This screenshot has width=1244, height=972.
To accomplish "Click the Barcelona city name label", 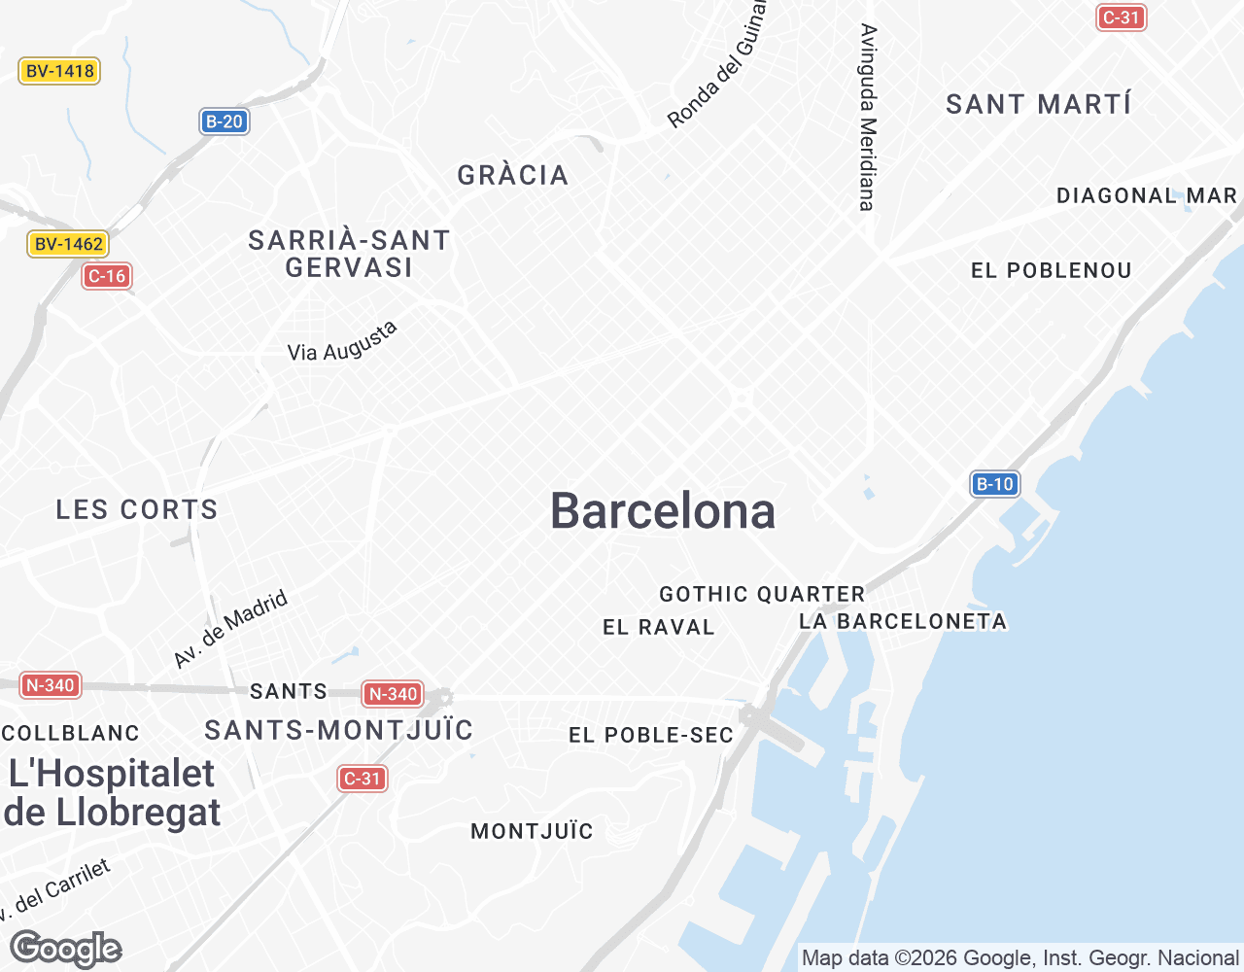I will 663,511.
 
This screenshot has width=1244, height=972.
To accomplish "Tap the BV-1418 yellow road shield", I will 59,71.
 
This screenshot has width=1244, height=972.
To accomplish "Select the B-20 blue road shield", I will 225,121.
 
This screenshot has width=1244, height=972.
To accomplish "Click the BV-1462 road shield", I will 68,244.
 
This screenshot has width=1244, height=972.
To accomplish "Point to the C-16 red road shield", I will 107,276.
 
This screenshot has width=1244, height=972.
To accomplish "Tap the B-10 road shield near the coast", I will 994,484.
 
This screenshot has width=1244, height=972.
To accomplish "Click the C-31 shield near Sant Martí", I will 1122,17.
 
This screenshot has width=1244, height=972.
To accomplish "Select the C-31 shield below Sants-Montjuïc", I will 363,779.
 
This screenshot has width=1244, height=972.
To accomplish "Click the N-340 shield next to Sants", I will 393,694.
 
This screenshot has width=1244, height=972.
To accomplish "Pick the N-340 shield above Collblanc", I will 50,685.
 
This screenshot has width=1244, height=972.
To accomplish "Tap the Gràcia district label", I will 513,175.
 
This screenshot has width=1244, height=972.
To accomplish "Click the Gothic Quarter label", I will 762,594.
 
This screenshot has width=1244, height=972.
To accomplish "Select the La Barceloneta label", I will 903,621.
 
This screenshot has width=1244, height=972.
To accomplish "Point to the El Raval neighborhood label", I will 659,627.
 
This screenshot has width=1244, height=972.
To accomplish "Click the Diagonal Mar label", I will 1147,196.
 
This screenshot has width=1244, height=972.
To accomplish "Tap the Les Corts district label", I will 137,509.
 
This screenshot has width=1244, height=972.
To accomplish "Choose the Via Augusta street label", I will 343,342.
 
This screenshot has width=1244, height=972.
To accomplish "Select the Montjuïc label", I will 532,831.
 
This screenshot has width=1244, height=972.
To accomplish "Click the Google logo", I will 65,949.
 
